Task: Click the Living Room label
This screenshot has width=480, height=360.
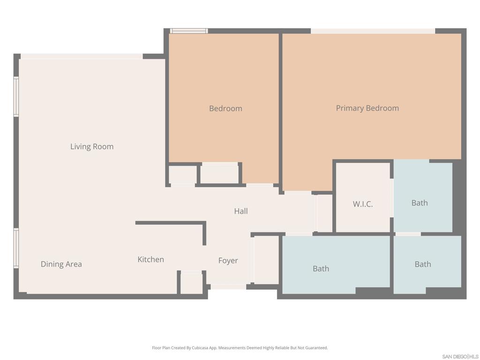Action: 92,146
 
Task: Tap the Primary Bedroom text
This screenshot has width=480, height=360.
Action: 367,108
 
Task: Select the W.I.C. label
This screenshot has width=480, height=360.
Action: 363,204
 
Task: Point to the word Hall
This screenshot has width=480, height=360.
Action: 241,211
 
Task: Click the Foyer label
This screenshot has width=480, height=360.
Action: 228,260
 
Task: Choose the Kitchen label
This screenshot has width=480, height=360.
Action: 150,259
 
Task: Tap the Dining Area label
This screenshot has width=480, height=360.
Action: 61,264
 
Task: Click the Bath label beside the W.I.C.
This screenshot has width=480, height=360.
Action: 420,202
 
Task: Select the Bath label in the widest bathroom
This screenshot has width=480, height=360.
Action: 321,269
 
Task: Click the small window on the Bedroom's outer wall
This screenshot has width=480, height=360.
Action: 188,31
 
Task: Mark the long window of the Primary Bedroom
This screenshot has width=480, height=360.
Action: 373,31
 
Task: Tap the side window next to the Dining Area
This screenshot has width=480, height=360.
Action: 16,248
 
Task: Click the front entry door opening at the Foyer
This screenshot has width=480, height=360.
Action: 227,286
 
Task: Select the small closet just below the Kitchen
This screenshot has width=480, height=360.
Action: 191,284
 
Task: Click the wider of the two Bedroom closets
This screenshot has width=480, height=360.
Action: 219,174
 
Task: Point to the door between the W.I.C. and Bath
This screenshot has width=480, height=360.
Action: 391,204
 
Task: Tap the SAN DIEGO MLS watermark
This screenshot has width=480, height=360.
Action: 460,356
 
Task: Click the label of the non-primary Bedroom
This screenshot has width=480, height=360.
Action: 225,108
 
